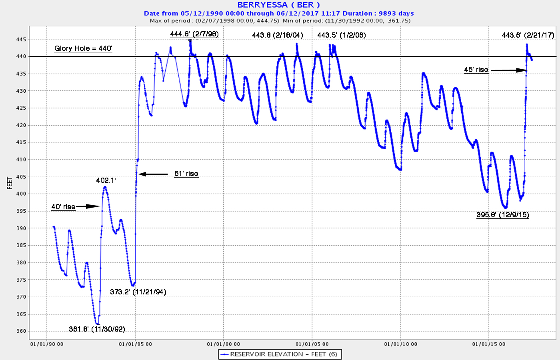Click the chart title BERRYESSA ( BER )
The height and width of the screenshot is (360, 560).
click(279, 5)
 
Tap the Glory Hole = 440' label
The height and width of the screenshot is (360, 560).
click(83, 48)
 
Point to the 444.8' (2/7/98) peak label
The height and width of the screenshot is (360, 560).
click(194, 34)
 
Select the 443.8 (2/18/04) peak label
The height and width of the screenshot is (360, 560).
click(278, 35)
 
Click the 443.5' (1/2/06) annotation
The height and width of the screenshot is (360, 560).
click(342, 35)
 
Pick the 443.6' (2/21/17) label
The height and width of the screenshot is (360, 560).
click(528, 35)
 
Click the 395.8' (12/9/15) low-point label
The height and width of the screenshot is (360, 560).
click(502, 215)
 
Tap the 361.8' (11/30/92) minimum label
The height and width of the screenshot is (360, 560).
click(97, 329)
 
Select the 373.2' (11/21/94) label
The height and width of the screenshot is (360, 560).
click(138, 292)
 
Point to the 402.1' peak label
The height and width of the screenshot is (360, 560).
click(106, 180)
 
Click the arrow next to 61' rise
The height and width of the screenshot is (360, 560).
click(153, 174)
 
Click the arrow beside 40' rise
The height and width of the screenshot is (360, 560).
click(88, 206)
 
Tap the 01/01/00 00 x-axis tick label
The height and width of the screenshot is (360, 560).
click(224, 344)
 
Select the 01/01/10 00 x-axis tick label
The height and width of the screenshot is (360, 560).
click(400, 344)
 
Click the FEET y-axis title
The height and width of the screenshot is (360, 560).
click(10, 183)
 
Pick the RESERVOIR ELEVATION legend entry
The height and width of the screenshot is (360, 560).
click(280, 354)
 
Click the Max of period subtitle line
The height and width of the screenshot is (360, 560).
click(280, 20)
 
